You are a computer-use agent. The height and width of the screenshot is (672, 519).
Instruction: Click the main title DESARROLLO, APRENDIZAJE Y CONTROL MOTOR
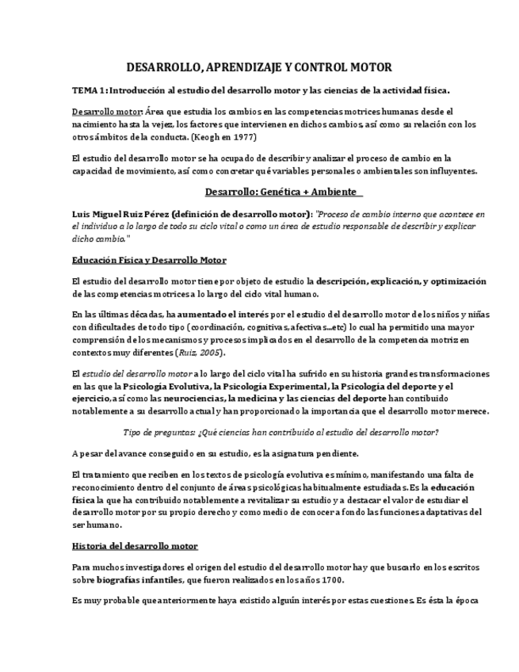[x=260, y=67]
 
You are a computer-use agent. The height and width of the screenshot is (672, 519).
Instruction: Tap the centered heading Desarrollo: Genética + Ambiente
[x=283, y=192]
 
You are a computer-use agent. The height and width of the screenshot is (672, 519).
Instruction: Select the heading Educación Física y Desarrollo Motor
[x=149, y=260]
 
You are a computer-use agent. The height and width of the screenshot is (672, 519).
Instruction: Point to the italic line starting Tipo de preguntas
[x=282, y=432]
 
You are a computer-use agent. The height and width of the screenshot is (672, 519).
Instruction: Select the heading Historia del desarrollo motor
[x=135, y=546]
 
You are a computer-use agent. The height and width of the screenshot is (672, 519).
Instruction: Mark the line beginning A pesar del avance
[x=215, y=453]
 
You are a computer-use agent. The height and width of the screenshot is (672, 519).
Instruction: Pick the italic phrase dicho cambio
[x=98, y=238]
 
